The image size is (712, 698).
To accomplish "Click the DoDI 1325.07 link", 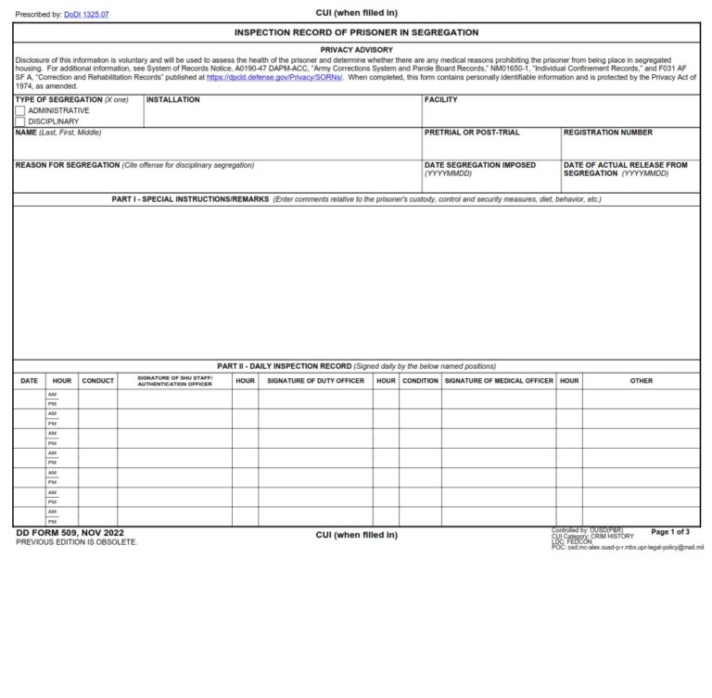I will (x=86, y=15).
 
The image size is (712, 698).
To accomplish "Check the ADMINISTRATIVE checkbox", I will (x=20, y=110).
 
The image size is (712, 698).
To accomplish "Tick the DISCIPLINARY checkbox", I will (x=20, y=121).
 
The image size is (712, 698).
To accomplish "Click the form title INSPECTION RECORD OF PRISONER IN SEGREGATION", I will (x=356, y=32).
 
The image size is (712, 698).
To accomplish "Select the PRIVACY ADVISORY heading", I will (x=356, y=50).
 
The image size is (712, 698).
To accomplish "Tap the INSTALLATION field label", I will (x=172, y=100).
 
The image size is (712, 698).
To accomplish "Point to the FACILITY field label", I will (x=440, y=100).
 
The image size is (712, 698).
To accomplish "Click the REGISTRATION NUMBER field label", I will (x=607, y=133).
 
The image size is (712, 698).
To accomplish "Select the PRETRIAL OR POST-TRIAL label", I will (x=472, y=133).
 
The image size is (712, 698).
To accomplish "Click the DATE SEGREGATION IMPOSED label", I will (x=479, y=165).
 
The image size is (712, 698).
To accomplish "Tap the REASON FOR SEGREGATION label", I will (x=68, y=165).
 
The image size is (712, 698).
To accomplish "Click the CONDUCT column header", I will (x=97, y=381).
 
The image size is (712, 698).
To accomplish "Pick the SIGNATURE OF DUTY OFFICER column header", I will (x=315, y=381).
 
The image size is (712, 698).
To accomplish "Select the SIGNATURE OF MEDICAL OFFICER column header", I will (x=498, y=381).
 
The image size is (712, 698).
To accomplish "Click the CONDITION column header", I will (x=420, y=381).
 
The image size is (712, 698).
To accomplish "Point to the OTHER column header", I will (x=641, y=381).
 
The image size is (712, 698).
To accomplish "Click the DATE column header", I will (x=29, y=381).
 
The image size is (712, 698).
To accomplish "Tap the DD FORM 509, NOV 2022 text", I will (x=70, y=533).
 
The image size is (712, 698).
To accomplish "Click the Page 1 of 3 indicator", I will (x=669, y=532).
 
